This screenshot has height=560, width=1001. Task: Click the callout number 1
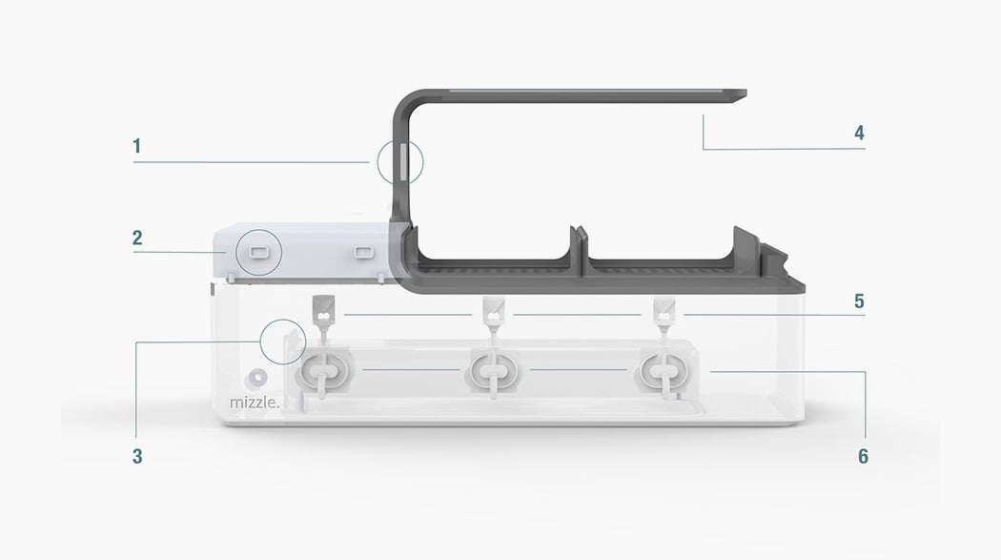click(136, 146)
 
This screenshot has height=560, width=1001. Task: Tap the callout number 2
click(137, 238)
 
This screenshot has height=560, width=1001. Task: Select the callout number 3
click(137, 456)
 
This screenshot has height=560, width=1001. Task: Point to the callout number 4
click(859, 133)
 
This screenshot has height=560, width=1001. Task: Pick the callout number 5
click(859, 301)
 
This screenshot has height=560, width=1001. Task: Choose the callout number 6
click(863, 456)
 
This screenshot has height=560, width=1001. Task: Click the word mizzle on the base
click(255, 403)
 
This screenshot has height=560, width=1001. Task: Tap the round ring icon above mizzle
click(257, 379)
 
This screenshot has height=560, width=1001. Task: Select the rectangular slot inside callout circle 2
click(258, 252)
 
